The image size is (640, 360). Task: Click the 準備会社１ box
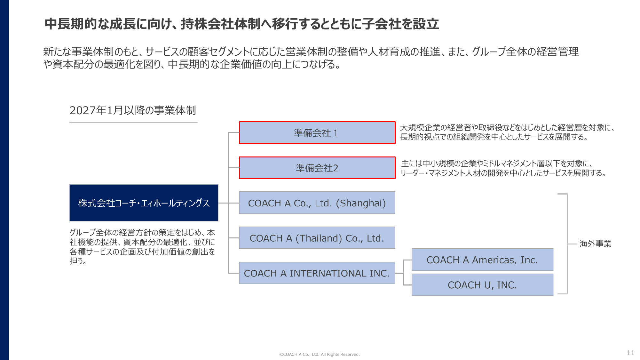[317, 133]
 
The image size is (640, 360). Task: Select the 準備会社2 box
[317, 168]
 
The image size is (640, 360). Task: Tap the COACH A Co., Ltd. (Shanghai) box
[317, 203]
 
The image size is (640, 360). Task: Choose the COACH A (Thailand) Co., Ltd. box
[317, 238]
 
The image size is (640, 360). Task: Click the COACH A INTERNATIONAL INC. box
[317, 273]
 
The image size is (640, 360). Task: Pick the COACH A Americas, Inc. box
[482, 260]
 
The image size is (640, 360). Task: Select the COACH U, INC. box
[482, 285]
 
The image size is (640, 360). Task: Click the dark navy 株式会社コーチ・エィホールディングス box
[144, 203]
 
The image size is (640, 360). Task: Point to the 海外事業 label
[595, 244]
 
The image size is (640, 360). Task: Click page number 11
[630, 353]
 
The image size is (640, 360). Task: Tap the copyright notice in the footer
[319, 354]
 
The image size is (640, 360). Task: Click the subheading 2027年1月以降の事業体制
[133, 110]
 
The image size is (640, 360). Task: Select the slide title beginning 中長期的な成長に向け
[241, 24]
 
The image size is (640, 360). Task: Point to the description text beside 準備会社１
[507, 132]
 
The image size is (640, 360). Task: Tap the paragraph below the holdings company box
[142, 247]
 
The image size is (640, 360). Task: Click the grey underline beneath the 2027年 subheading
[133, 123]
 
